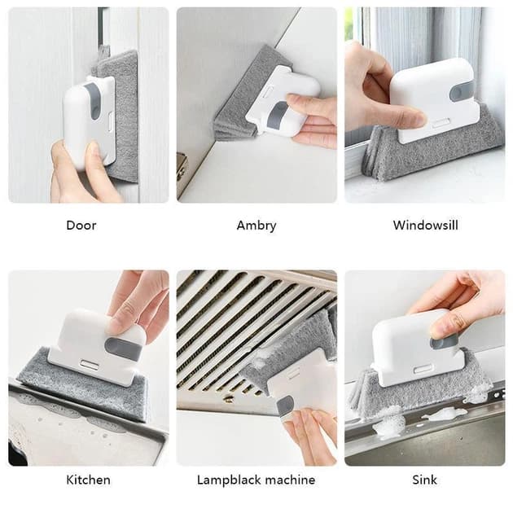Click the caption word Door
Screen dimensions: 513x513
pyautogui.click(x=81, y=225)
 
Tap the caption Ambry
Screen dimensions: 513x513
pyautogui.click(x=256, y=226)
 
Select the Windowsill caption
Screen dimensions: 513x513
pyautogui.click(x=425, y=225)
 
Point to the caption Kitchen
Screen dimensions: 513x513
pyautogui.click(x=88, y=480)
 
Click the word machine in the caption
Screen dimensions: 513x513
pyautogui.click(x=290, y=480)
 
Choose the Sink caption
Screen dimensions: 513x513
pyautogui.click(x=425, y=480)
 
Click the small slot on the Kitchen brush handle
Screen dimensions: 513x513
pyautogui.click(x=89, y=365)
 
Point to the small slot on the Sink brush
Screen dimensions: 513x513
pyautogui.click(x=421, y=370)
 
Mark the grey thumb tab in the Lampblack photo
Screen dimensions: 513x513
pyautogui.click(x=285, y=406)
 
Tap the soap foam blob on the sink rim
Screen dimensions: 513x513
pyautogui.click(x=387, y=422)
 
